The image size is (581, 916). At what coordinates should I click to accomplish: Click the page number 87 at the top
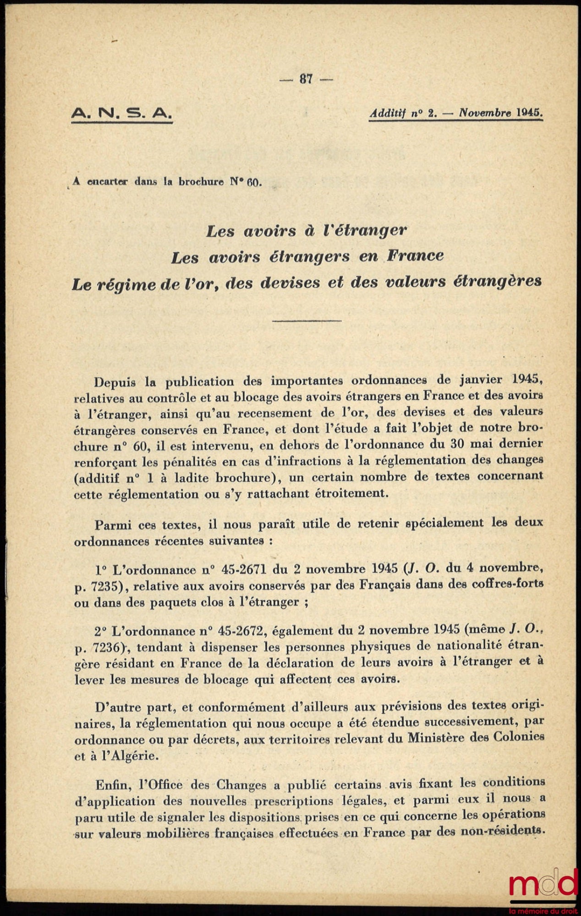coord(306,79)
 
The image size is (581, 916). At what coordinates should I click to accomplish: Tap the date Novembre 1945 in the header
coord(501,112)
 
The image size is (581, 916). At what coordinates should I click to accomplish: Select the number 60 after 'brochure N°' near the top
coord(253,182)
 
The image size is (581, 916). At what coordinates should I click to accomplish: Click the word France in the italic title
coord(415,256)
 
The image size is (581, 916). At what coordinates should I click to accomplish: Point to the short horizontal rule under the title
coord(307,320)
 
